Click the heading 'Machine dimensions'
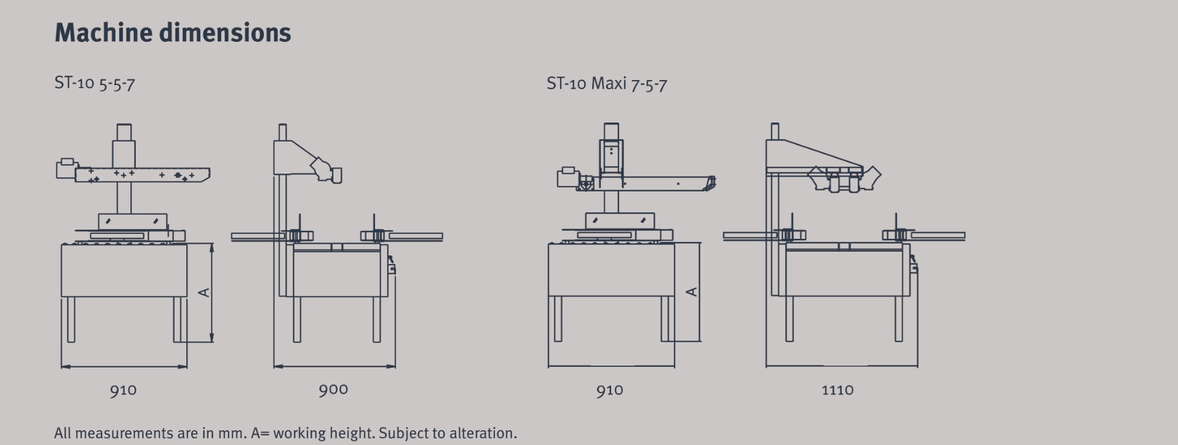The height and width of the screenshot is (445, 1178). coord(173,33)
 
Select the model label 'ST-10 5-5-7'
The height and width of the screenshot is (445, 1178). coord(95,83)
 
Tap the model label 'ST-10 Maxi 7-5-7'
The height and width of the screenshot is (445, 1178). coord(607,83)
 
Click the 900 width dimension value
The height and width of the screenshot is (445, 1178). coord(333,390)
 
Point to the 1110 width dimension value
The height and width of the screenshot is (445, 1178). coord(837,390)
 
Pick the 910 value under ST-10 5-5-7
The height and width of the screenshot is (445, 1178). coord(124,390)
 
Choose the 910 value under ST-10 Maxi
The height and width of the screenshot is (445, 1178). coord(610,390)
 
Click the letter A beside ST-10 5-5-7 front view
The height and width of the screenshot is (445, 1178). coord(205,292)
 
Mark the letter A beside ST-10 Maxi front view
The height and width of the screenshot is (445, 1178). coord(692,292)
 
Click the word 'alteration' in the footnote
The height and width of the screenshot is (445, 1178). coord(483,433)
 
